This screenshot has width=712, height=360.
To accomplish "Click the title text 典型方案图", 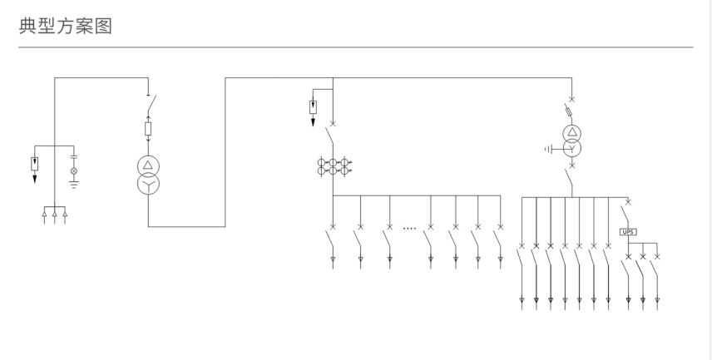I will (66, 26).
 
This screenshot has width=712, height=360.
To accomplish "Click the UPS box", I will (628, 232).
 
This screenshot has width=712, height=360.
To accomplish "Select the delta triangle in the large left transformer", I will (148, 165).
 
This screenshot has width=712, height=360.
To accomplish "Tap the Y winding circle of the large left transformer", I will (148, 185).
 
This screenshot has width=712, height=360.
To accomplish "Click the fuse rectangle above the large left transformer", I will (148, 129).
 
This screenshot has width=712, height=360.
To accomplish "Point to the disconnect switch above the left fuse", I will (151, 104).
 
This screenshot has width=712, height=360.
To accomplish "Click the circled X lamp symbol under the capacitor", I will (73, 171).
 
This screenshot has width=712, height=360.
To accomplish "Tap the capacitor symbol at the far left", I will (73, 156).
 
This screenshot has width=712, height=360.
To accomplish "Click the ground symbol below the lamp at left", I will (73, 185).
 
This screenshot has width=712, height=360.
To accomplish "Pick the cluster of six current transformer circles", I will (333, 165).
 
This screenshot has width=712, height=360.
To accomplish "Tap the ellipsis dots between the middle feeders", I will (409, 227).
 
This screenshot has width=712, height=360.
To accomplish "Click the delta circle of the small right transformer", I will (571, 132).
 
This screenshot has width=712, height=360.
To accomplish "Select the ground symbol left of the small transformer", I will (546, 149).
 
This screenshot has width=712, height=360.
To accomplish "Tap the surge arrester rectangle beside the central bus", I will (313, 106).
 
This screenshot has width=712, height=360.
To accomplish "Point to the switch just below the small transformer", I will (570, 177).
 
